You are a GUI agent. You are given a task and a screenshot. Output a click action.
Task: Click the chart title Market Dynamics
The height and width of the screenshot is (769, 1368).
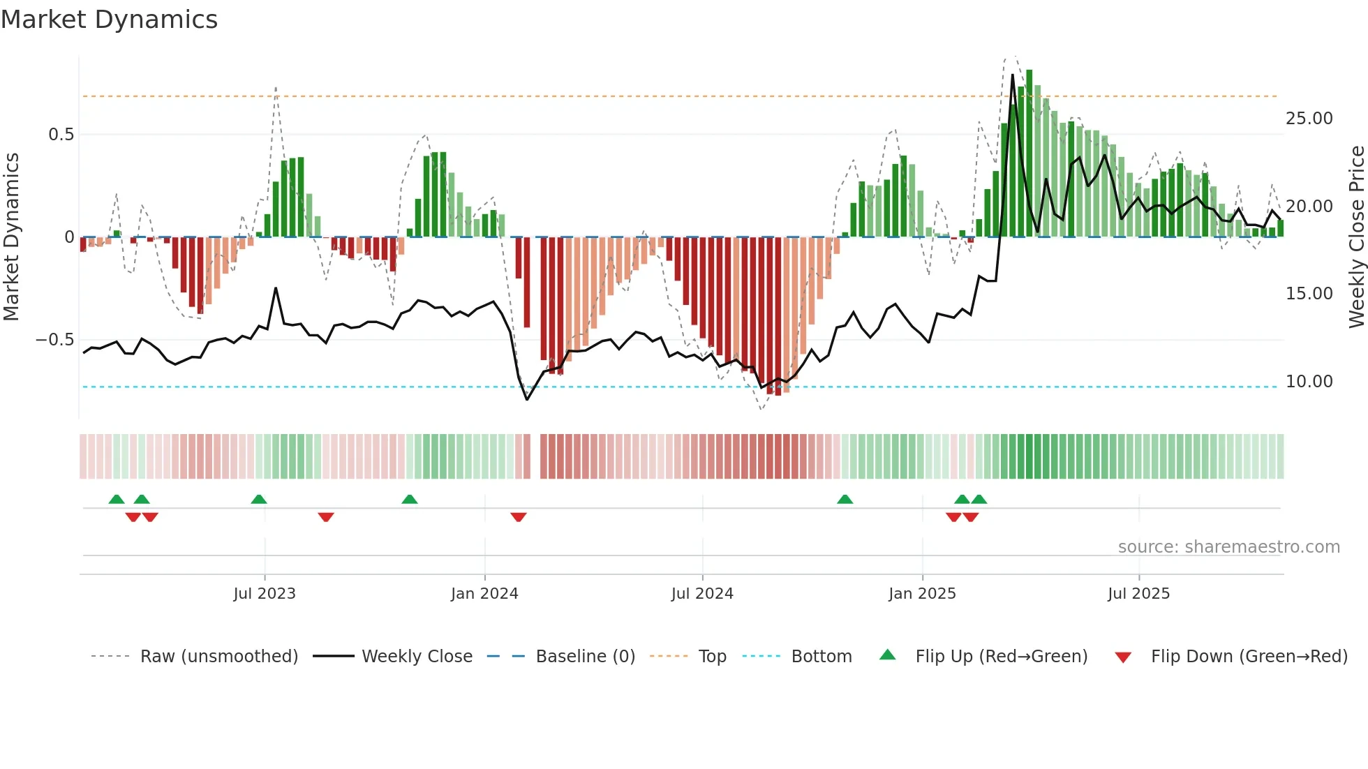(109, 20)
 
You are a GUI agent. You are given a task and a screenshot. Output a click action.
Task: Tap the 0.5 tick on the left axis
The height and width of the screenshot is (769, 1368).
(61, 135)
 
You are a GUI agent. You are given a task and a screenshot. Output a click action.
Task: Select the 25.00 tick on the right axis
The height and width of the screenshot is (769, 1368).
(1309, 119)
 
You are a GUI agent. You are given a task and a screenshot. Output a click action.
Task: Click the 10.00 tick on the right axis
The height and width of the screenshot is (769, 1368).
(1309, 382)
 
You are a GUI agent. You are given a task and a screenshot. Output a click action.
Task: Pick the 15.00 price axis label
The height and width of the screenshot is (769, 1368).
(1309, 294)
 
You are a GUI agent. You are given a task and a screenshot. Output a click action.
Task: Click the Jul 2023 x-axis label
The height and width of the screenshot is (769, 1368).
(265, 594)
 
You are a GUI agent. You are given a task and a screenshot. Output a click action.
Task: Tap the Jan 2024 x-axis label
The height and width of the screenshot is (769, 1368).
(484, 594)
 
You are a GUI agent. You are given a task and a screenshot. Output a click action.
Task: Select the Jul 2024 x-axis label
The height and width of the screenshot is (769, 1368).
(702, 594)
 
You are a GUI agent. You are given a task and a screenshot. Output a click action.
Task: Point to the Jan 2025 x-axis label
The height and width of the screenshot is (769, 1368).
(922, 594)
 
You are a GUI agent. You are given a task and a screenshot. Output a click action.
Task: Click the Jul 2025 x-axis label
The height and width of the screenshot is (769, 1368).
(1138, 594)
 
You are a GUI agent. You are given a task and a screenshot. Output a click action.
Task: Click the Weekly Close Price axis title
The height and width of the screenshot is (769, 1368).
(1356, 237)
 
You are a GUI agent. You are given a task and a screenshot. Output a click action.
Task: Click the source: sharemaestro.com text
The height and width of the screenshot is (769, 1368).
(1228, 547)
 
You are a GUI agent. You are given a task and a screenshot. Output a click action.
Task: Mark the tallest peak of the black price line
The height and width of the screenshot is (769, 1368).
(1013, 75)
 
